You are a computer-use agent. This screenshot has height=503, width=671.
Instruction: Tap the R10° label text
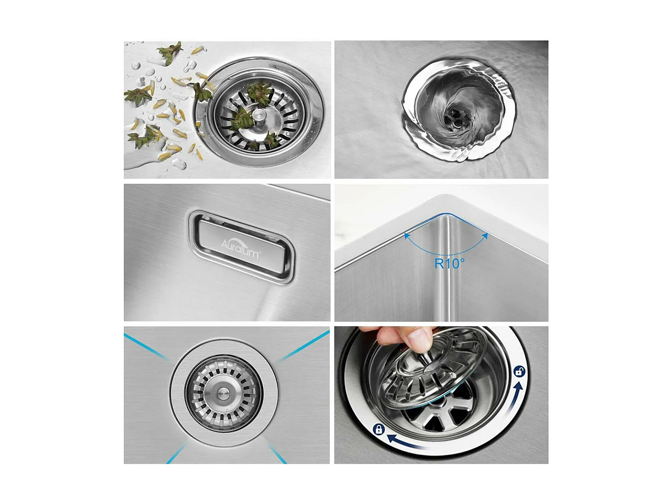(449, 263)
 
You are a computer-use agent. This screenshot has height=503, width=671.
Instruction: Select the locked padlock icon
(378, 430)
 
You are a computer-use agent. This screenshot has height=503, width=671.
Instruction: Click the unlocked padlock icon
(519, 371)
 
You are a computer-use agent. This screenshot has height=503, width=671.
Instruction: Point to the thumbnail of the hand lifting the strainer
(441, 395)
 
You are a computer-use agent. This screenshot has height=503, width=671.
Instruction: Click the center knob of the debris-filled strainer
(259, 115)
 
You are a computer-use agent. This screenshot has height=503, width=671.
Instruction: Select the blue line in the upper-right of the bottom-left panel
(303, 347)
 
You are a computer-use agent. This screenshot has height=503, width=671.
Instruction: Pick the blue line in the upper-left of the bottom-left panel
(145, 346)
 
